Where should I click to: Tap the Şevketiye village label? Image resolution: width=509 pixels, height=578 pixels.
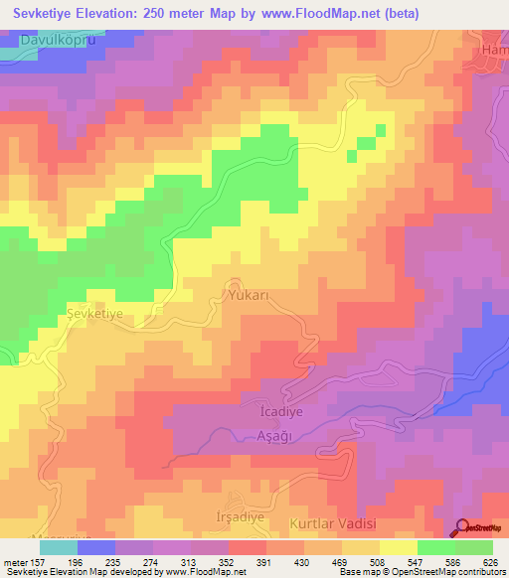pyautogui.click(x=93, y=313)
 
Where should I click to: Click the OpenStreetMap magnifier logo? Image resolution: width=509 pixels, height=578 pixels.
pyautogui.click(x=463, y=528)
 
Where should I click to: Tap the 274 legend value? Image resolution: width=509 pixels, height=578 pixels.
pyautogui.click(x=162, y=561)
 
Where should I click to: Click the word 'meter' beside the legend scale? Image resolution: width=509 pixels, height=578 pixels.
pyautogui.click(x=17, y=561)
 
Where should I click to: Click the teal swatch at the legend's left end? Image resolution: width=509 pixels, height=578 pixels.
pyautogui.click(x=59, y=546)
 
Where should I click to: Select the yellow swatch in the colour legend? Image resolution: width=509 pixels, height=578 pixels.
pyautogui.click(x=398, y=546)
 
